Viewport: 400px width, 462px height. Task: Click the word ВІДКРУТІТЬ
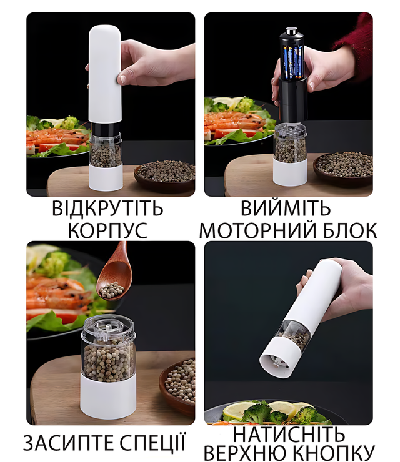click(107, 209)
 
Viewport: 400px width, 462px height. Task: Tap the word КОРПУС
click(107, 230)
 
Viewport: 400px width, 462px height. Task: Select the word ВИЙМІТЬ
click(286, 208)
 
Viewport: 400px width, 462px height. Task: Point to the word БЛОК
click(349, 230)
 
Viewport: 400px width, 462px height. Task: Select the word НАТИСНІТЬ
click(289, 435)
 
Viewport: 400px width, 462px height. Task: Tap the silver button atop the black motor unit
click(291, 31)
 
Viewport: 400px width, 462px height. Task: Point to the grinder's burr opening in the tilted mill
click(276, 362)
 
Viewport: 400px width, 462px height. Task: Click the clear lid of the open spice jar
click(108, 329)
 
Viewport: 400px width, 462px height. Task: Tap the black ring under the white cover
click(105, 128)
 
